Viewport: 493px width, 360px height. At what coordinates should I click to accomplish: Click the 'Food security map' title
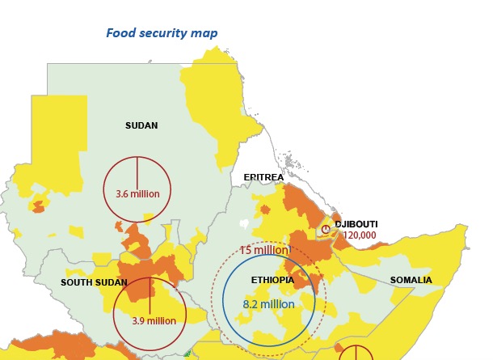[x=162, y=33]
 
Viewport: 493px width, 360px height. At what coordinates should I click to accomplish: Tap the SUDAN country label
[x=141, y=126]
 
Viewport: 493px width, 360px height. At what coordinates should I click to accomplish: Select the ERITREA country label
[x=263, y=177]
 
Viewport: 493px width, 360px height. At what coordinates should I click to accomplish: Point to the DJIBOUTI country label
[x=356, y=224]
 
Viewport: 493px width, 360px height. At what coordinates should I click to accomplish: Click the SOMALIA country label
[x=411, y=281]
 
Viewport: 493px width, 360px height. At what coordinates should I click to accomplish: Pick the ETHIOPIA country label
[x=272, y=280]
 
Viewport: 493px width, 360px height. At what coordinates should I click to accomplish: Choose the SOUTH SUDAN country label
[x=94, y=282]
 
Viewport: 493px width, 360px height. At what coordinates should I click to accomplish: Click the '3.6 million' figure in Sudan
[x=137, y=194]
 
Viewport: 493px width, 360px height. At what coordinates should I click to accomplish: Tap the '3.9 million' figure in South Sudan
[x=154, y=321]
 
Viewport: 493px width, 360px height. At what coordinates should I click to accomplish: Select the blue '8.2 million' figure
[x=269, y=305]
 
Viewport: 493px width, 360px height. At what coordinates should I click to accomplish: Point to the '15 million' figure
[x=264, y=251]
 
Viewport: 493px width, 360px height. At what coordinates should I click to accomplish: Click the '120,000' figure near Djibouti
[x=360, y=235]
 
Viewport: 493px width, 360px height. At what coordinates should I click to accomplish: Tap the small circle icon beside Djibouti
[x=326, y=230]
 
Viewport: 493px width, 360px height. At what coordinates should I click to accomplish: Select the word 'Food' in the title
[x=120, y=33]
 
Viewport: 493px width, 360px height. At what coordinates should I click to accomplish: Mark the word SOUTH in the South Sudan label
[x=76, y=282]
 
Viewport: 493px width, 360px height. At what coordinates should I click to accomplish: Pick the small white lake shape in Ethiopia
[x=244, y=222]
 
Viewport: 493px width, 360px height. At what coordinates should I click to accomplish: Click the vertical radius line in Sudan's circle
[x=137, y=172]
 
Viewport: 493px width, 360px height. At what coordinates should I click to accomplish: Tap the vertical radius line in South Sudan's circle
[x=150, y=295]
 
